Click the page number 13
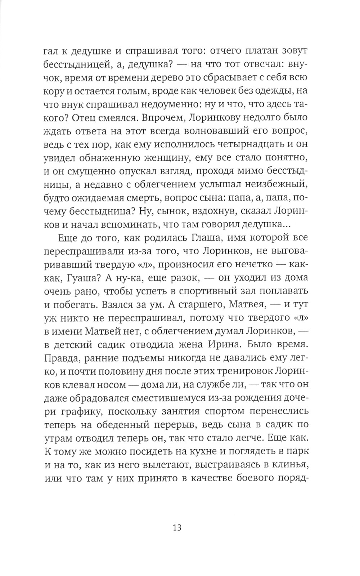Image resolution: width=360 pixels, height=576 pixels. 176,528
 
